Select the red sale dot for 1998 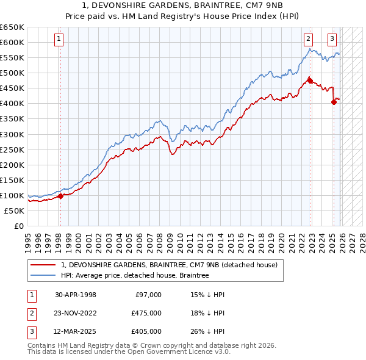tap(60, 196)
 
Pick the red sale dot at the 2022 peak tap(310, 80)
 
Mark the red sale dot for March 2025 tap(334, 102)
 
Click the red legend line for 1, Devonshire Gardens tap(43, 265)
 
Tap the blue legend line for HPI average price tap(43, 276)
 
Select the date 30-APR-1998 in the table tap(76, 295)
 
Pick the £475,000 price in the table tap(146, 313)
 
